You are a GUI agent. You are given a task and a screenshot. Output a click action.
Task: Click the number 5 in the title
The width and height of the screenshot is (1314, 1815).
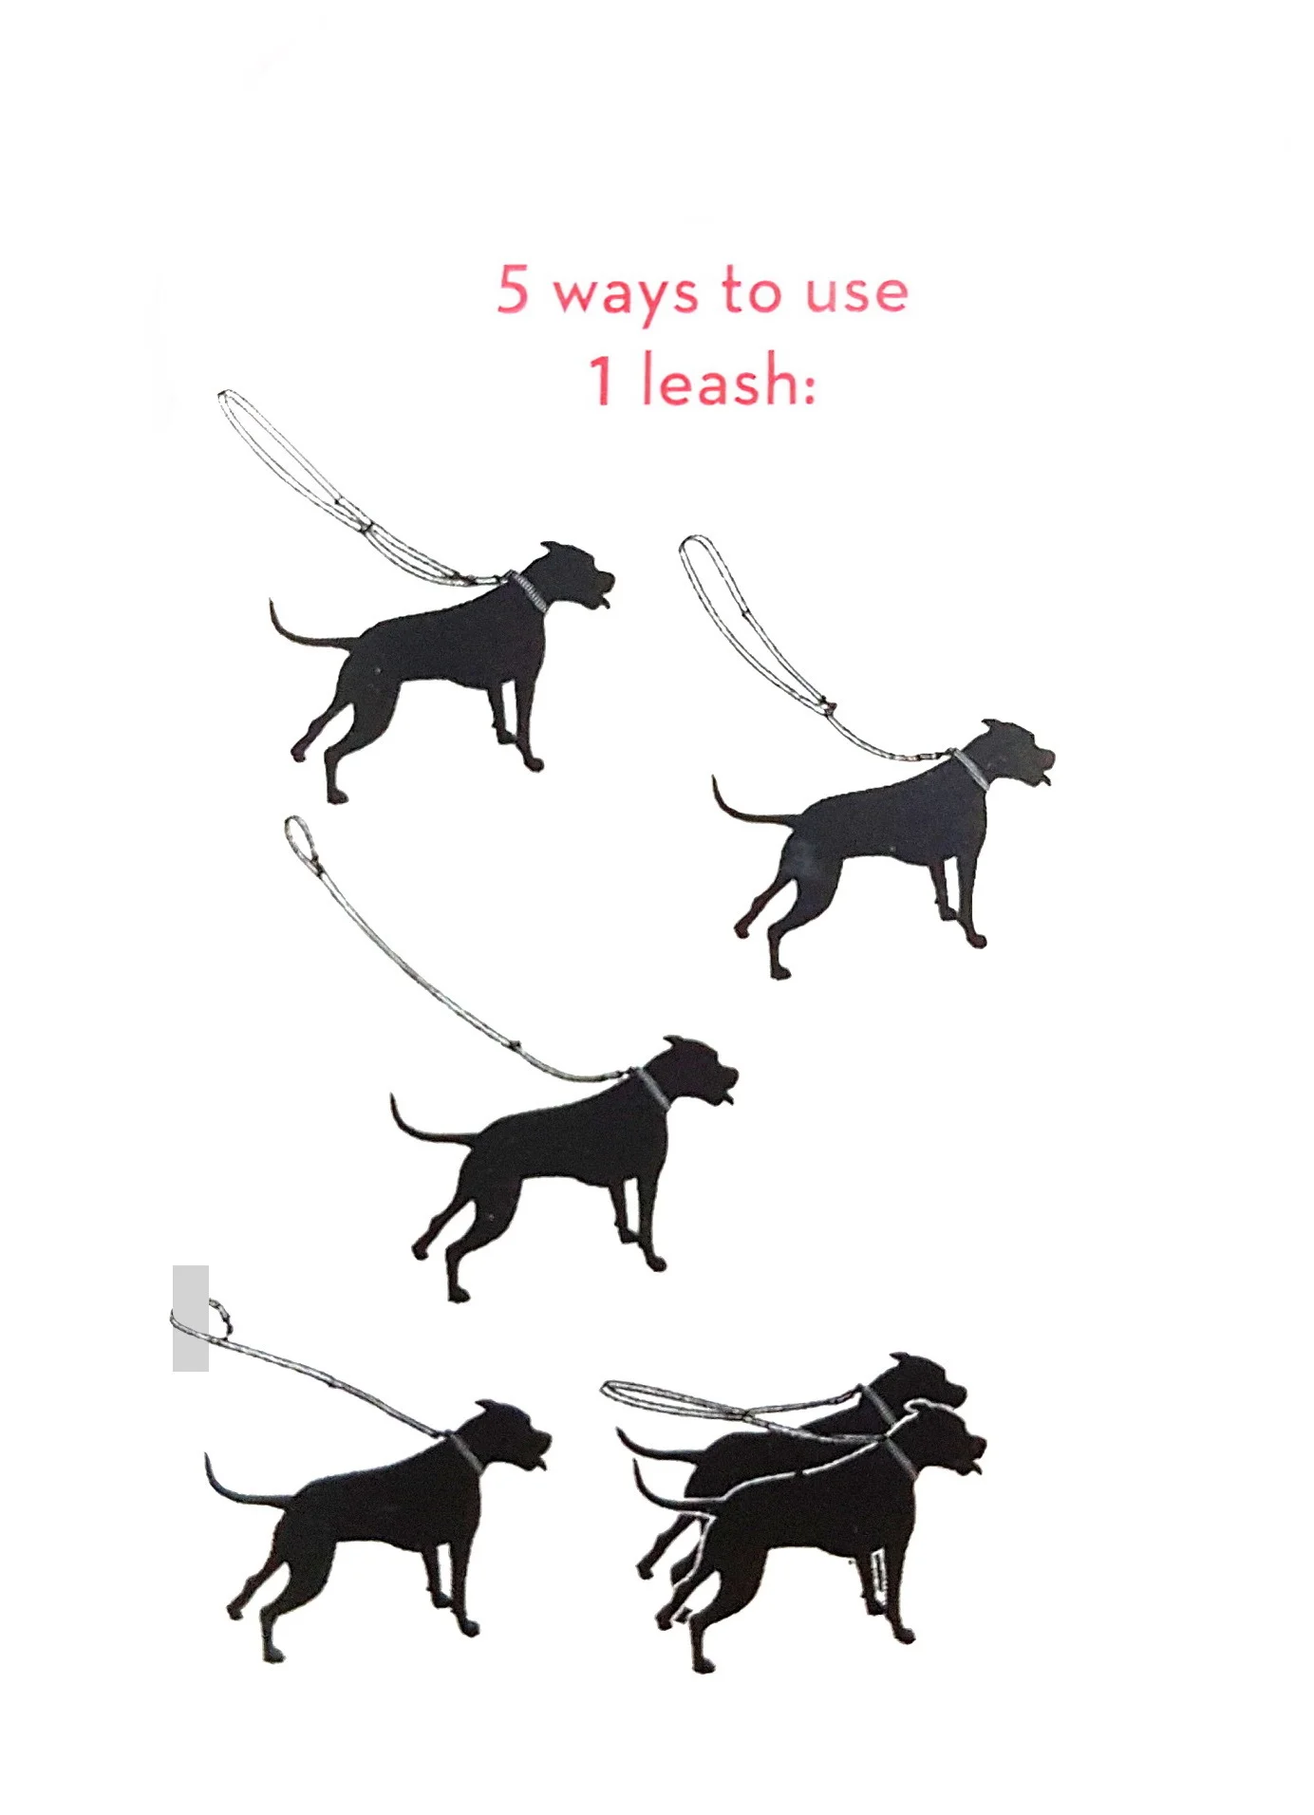(513, 289)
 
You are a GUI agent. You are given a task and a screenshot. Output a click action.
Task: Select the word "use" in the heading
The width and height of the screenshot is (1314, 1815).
(857, 292)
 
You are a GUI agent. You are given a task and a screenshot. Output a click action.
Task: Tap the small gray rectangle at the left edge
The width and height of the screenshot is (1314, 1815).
(191, 1318)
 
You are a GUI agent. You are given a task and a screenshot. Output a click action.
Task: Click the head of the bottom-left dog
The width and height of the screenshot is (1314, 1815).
(513, 1433)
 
